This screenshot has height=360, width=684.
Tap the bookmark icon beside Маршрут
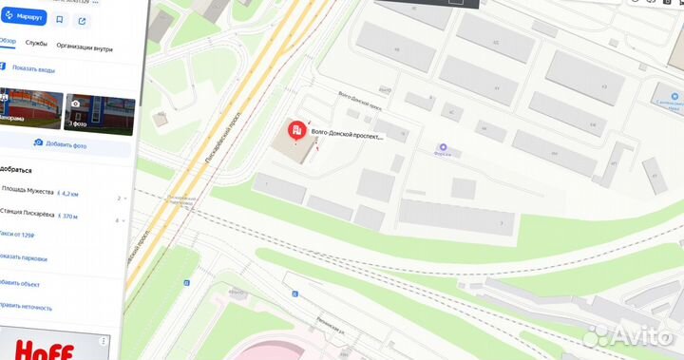coord(60,19)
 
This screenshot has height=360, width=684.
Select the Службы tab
coord(36,44)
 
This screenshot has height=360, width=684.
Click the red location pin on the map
coord(296,131)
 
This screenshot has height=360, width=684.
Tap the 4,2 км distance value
coord(66,193)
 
